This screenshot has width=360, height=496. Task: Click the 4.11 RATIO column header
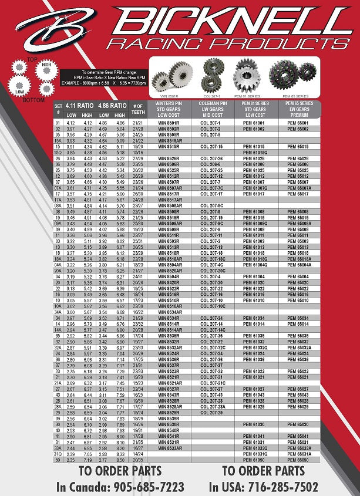80,106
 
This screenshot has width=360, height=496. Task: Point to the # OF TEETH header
139,109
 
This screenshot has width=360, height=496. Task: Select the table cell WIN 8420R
169,282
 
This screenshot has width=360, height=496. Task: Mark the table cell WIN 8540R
169,430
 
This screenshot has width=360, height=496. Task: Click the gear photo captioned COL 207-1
211,75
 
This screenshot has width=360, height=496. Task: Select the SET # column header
58,109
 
